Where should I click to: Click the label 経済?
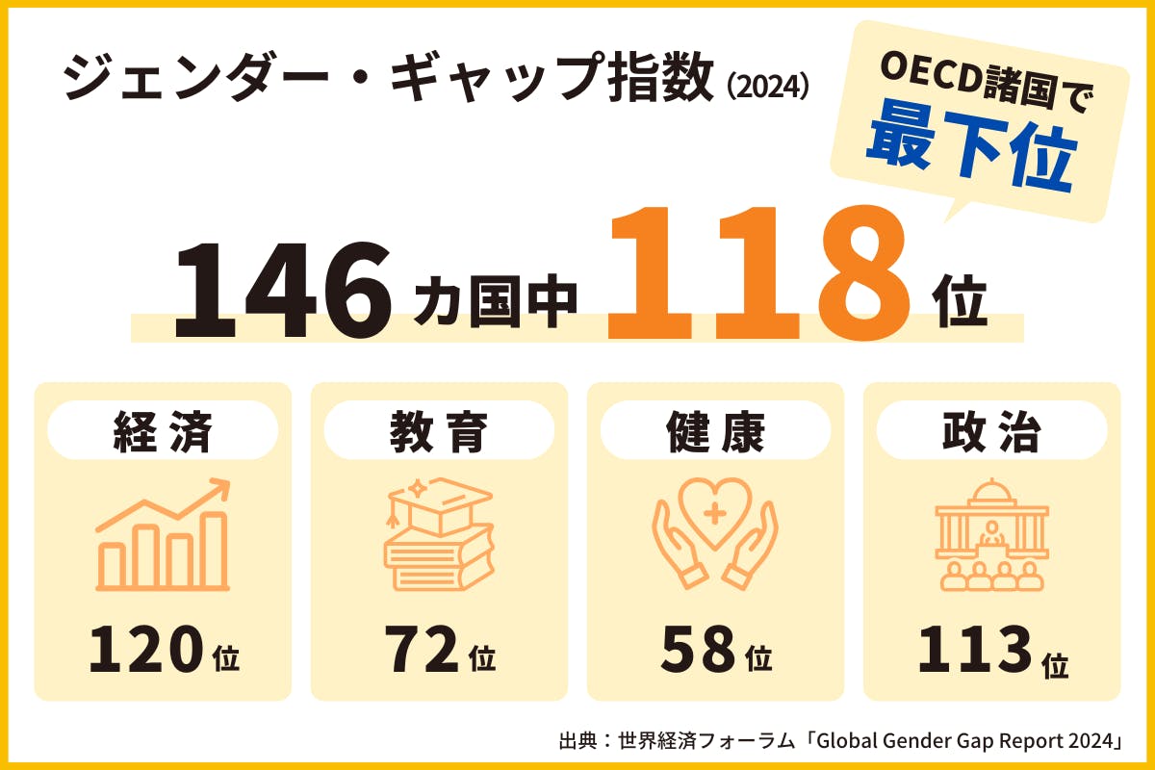coord(162,432)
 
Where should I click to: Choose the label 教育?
coord(439,432)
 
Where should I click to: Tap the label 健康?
coord(715,432)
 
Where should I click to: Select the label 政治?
coord(991,432)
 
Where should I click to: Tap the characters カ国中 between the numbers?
coord(496,299)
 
